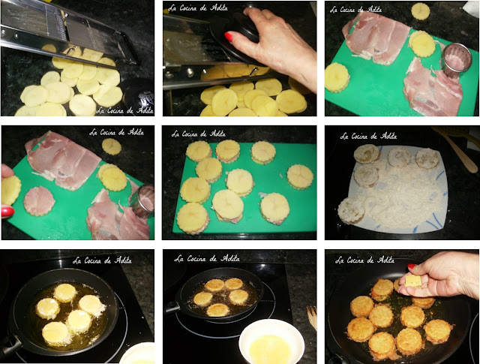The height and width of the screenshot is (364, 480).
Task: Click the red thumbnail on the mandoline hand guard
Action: pos(229,37)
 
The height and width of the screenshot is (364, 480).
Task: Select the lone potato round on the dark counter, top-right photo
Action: pos(420,11)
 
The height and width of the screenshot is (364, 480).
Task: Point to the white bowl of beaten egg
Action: pos(271,341)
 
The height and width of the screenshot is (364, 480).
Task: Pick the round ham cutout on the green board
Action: pos(39,201)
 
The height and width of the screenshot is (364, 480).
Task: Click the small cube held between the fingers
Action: pos(413,281)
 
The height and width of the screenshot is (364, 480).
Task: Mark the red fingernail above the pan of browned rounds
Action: pos(412,266)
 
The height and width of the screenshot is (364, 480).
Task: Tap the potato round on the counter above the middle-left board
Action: pos(112,146)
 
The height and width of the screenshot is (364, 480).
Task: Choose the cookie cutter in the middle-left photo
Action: pos(143,201)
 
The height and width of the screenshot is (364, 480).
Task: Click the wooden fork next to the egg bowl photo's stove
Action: pos(312,318)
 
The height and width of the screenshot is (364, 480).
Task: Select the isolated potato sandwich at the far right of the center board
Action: pos(300,177)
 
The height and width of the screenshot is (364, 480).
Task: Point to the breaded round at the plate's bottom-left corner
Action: pos(351,210)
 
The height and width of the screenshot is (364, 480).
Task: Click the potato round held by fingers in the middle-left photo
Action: pos(11,191)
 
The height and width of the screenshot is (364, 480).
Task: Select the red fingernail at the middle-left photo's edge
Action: pos(7,212)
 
